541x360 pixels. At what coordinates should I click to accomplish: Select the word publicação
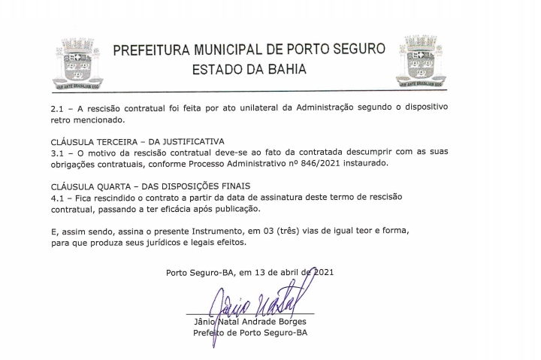(236, 208)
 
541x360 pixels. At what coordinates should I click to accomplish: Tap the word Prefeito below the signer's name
(212, 333)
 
